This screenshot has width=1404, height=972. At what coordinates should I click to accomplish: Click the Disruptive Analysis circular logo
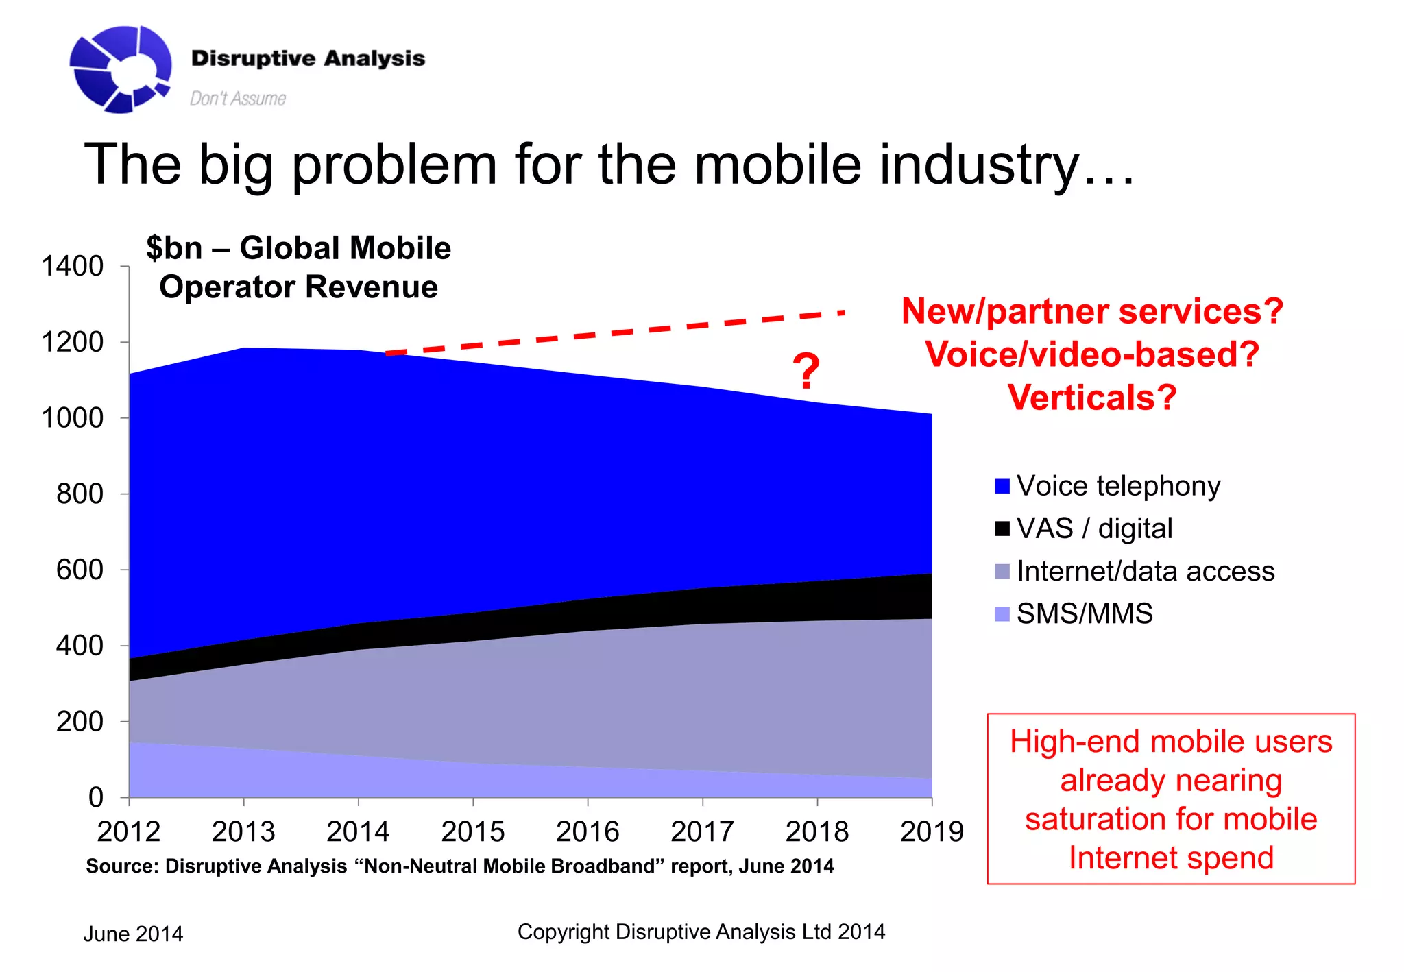(x=120, y=69)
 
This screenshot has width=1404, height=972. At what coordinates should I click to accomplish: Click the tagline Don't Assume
(x=237, y=99)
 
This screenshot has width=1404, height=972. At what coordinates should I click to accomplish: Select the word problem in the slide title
(x=394, y=165)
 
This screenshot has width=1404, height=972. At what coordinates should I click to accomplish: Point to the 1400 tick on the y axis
(x=73, y=266)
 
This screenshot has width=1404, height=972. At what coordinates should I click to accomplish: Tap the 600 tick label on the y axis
(x=80, y=570)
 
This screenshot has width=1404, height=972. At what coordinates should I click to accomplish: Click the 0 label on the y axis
(x=96, y=797)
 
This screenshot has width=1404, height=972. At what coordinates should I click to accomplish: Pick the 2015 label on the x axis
(x=472, y=831)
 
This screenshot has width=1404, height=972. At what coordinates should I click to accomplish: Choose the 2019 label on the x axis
(x=931, y=831)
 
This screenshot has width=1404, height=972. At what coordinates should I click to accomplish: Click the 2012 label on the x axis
(x=129, y=831)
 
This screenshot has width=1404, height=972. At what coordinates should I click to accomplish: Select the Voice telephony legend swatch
(x=1002, y=486)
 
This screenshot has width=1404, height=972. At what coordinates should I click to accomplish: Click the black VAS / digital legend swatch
(x=1002, y=528)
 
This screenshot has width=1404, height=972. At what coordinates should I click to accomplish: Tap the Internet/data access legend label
(x=1145, y=571)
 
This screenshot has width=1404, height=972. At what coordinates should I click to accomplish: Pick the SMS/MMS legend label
(x=1084, y=613)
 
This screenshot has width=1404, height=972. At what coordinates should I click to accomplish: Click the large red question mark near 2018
(x=806, y=371)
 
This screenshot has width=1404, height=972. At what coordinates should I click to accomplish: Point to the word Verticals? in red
(x=1091, y=398)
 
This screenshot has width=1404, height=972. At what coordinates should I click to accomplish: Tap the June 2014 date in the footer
(x=133, y=934)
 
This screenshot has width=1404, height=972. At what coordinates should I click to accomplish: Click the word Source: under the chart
(x=122, y=866)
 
